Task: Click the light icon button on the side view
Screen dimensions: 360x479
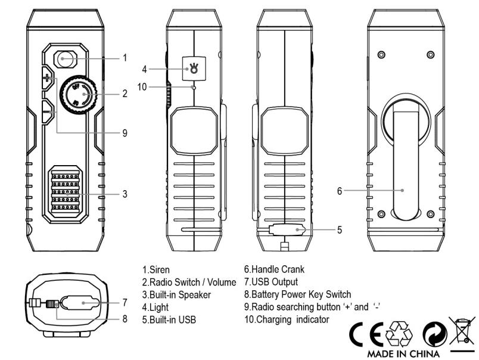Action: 192,69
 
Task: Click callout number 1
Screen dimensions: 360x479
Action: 125,58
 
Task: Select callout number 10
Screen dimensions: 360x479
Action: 142,86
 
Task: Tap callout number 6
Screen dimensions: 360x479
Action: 339,191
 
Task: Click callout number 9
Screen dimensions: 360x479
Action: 125,133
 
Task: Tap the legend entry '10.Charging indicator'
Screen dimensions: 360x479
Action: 287,319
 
